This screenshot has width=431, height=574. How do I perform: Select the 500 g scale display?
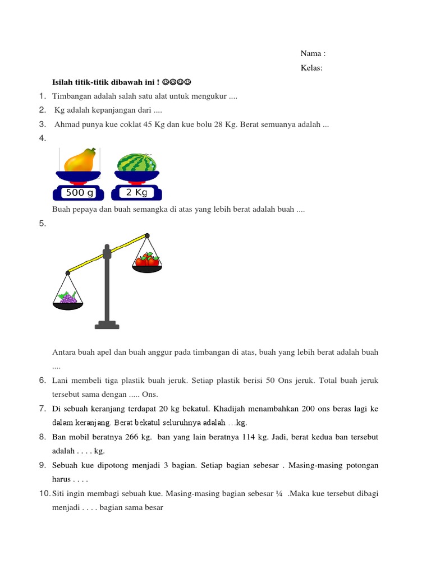click(80, 193)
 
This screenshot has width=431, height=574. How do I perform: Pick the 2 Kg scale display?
click(136, 193)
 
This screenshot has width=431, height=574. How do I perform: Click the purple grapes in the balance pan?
click(68, 298)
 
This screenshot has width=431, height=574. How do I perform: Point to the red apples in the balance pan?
click(147, 260)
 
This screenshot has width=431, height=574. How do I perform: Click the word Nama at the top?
click(310, 54)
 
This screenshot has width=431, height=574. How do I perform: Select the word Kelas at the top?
click(310, 68)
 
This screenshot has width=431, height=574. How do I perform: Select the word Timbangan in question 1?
click(71, 96)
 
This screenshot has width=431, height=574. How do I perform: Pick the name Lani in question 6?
click(60, 381)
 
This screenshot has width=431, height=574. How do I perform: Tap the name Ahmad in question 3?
click(66, 124)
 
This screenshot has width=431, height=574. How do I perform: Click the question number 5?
click(42, 224)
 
